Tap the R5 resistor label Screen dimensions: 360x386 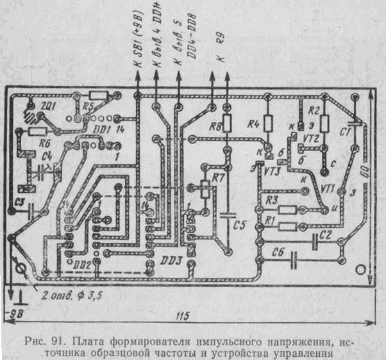(89, 106)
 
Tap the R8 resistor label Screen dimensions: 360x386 (215, 127)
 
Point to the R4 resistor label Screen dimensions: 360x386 (253, 124)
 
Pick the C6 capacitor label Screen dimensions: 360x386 (277, 251)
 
